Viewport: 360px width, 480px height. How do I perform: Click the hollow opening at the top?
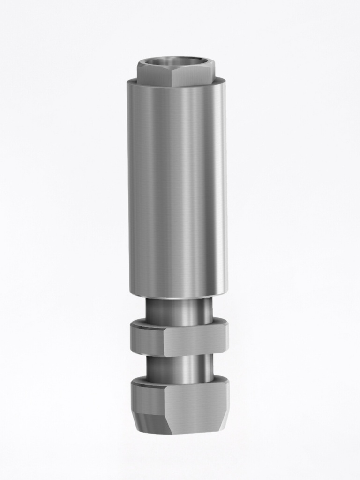pyautogui.click(x=176, y=62)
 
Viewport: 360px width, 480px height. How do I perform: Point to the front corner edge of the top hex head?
pyautogui.click(x=172, y=78)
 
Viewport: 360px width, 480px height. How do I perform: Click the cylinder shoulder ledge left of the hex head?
pyautogui.click(x=132, y=82)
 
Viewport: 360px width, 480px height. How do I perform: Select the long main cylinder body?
pyautogui.click(x=177, y=187)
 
